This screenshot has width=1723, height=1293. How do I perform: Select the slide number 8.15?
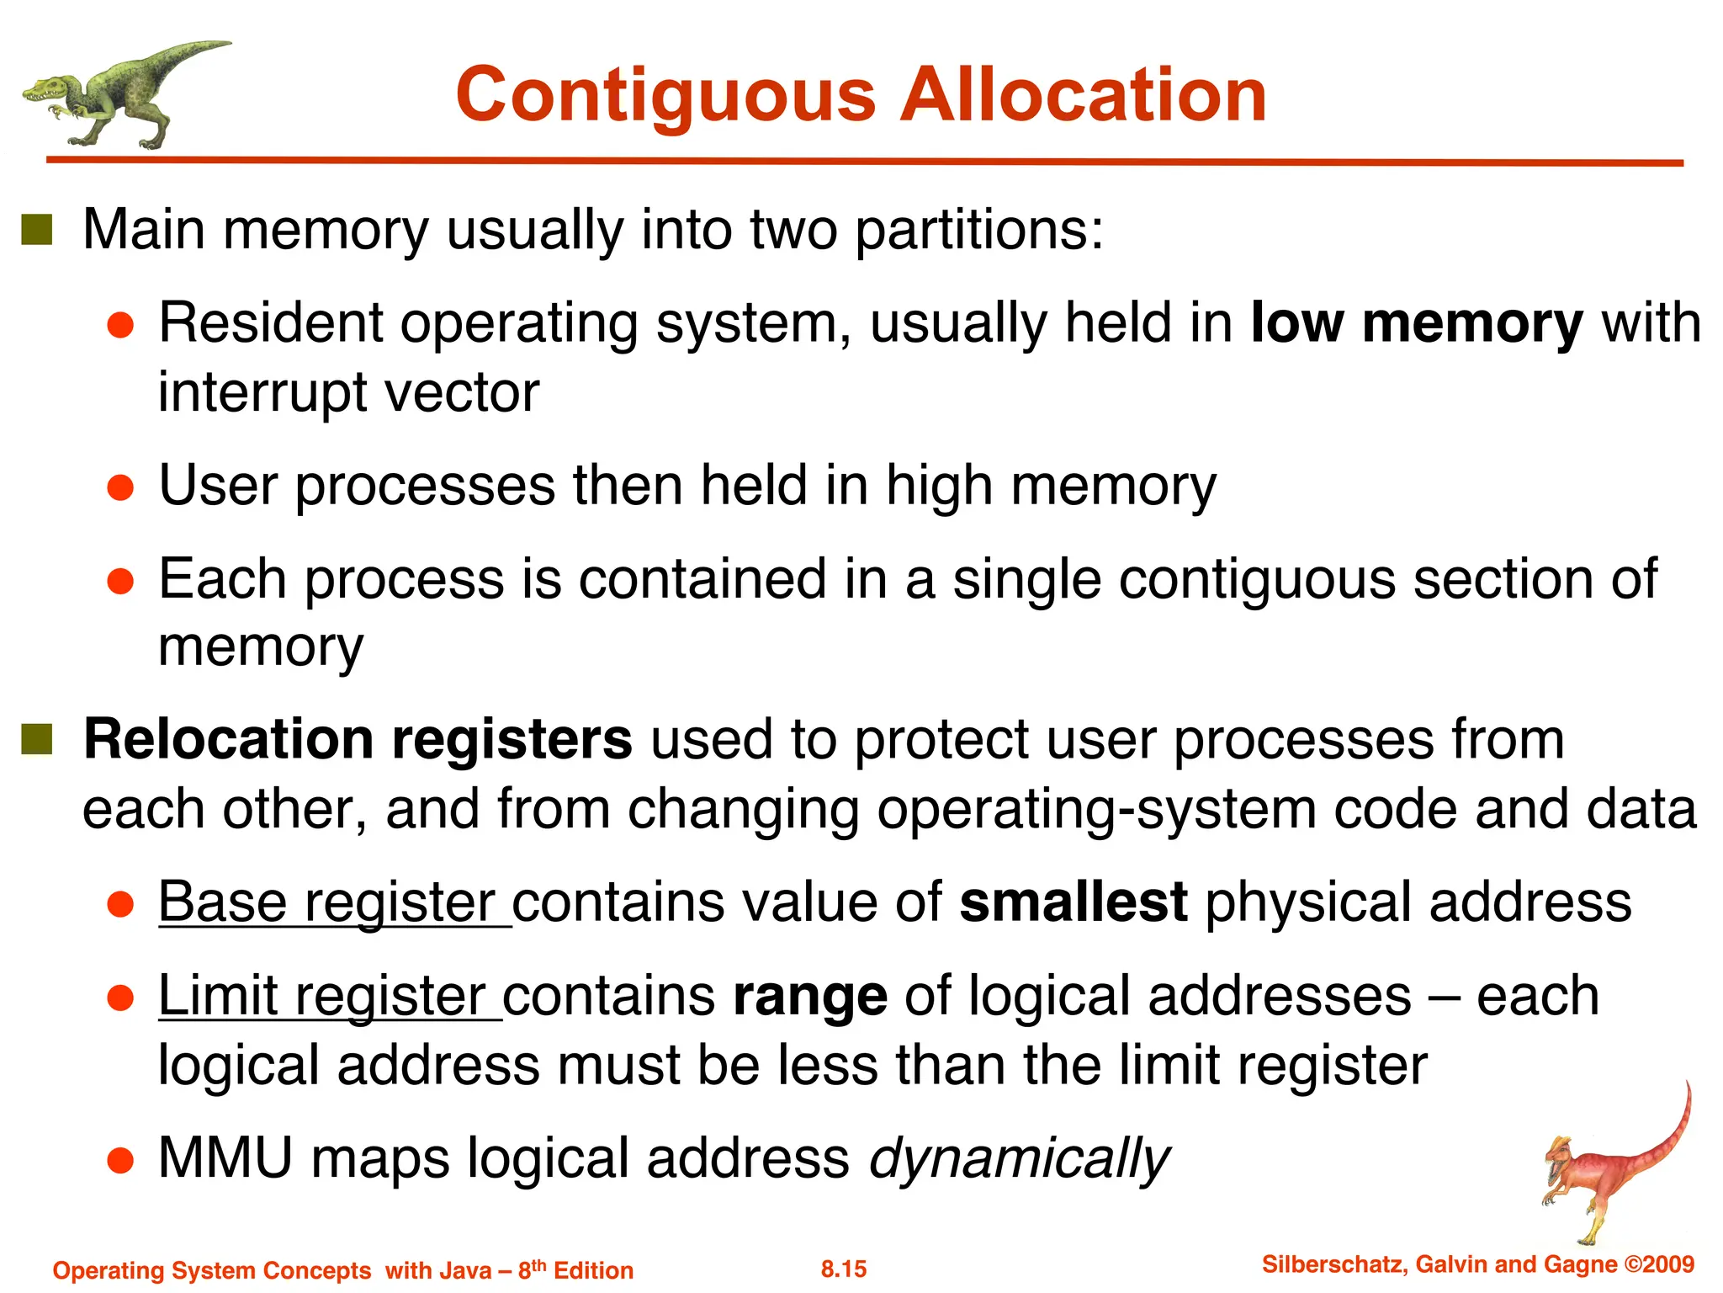click(x=844, y=1269)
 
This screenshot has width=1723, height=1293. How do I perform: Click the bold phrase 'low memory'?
click(x=1417, y=323)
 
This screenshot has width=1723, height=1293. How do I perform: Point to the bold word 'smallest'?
click(x=1074, y=902)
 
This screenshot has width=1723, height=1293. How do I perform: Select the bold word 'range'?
click(x=810, y=997)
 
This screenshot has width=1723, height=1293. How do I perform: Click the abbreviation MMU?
click(x=225, y=1158)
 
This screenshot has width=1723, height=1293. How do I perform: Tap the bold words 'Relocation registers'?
click(x=358, y=740)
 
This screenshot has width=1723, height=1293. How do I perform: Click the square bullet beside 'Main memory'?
click(x=37, y=229)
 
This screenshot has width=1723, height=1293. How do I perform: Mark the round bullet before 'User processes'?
click(x=121, y=488)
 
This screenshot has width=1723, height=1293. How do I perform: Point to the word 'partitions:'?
click(x=979, y=230)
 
